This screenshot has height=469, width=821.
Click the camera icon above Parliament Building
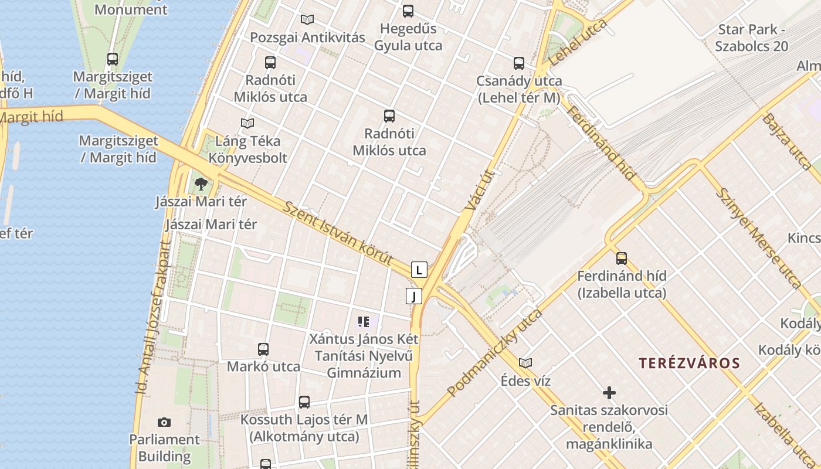tap(164, 422)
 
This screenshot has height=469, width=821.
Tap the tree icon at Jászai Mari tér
tap(201, 184)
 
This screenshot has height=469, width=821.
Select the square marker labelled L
tap(419, 270)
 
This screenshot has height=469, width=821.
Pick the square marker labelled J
tap(414, 296)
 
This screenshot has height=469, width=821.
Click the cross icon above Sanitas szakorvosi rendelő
tap(609, 392)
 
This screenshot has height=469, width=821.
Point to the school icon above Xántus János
tap(364, 321)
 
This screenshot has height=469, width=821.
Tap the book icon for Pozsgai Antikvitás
tap(307, 19)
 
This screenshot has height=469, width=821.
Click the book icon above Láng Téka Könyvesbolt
tap(247, 123)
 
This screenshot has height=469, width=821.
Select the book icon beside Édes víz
tap(525, 363)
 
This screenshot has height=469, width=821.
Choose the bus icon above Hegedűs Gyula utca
tap(408, 11)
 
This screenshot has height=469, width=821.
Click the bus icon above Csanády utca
tap(519, 63)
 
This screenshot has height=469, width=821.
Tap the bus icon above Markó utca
tap(263, 349)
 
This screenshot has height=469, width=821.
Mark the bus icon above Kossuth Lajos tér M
tap(304, 402)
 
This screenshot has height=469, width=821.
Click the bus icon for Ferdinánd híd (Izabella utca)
tap(622, 257)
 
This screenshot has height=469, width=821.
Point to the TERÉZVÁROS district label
tap(690, 363)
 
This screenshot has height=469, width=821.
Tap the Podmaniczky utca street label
tap(494, 353)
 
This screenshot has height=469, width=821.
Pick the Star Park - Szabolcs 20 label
tap(752, 38)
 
